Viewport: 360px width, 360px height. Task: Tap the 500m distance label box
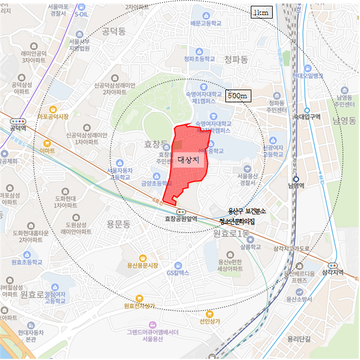(237, 95)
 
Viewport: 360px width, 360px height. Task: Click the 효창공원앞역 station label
(181, 218)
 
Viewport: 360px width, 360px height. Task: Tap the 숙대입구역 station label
(307, 117)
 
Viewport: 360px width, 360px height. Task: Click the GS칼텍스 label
(178, 272)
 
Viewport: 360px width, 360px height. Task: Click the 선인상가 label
(210, 322)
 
